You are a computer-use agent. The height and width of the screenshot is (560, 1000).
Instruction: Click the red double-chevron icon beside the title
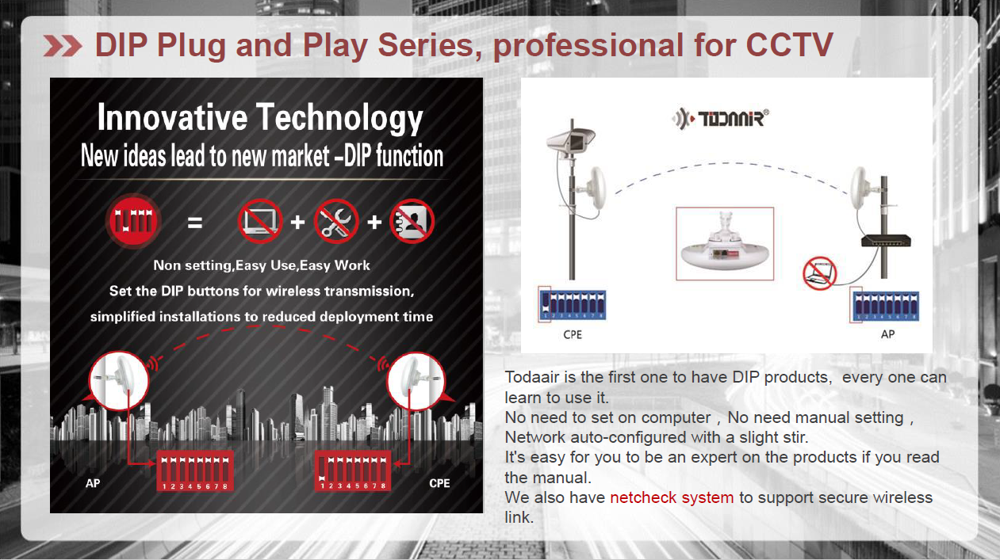coord(63,46)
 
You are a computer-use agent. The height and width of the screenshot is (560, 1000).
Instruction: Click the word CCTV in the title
coord(789,44)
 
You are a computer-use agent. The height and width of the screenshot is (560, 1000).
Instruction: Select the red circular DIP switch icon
coord(133,221)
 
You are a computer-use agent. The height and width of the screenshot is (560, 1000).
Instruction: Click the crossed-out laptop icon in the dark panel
coord(260,221)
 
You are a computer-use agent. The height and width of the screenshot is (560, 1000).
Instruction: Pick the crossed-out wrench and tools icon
coord(336,221)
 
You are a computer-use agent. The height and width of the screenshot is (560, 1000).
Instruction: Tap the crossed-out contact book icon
coord(412,221)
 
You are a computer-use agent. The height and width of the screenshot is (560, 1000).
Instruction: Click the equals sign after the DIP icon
coord(195,222)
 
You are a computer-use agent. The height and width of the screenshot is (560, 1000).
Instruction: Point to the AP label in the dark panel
coord(93,483)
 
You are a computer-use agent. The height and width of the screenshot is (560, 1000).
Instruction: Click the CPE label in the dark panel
coord(439,483)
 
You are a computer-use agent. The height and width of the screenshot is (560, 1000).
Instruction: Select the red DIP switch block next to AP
coord(195,470)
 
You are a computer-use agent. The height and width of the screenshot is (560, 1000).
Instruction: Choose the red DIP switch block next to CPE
coord(353,470)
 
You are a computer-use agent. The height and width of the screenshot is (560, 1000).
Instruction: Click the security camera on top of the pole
coord(571,141)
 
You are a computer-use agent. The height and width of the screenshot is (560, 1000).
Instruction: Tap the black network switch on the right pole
coord(886,241)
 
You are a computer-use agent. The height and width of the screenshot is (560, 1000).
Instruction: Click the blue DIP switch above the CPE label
coord(573,305)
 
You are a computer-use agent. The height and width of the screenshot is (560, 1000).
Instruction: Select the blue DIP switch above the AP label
coord(886,306)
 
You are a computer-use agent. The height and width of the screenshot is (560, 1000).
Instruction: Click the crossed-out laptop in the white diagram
coord(820,272)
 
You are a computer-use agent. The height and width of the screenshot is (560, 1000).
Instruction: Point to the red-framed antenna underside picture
coord(725,243)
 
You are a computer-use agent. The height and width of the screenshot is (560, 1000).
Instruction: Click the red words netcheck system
coord(672,497)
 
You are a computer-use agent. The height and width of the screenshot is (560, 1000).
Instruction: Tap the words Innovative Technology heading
coord(260,118)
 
